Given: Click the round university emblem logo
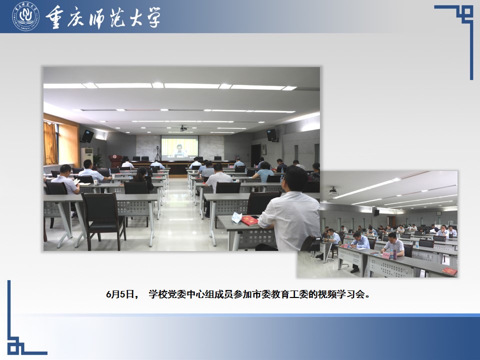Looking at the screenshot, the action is click(x=25, y=16).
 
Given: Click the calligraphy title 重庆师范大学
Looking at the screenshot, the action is click(x=103, y=17).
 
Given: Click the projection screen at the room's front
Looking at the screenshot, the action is click(x=179, y=148).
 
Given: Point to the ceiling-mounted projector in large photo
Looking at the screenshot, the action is click(x=183, y=128).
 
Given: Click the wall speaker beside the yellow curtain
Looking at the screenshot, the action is click(x=87, y=136).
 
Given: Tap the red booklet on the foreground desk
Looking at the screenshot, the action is click(x=250, y=220).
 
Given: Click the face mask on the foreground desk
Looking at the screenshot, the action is click(x=236, y=217).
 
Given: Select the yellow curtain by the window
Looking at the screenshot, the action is click(x=50, y=143).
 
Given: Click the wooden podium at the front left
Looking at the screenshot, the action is click(x=115, y=161).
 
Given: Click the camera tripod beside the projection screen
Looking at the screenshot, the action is click(x=157, y=153).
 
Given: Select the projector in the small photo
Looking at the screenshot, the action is click(x=333, y=191).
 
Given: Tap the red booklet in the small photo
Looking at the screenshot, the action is click(x=449, y=271).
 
